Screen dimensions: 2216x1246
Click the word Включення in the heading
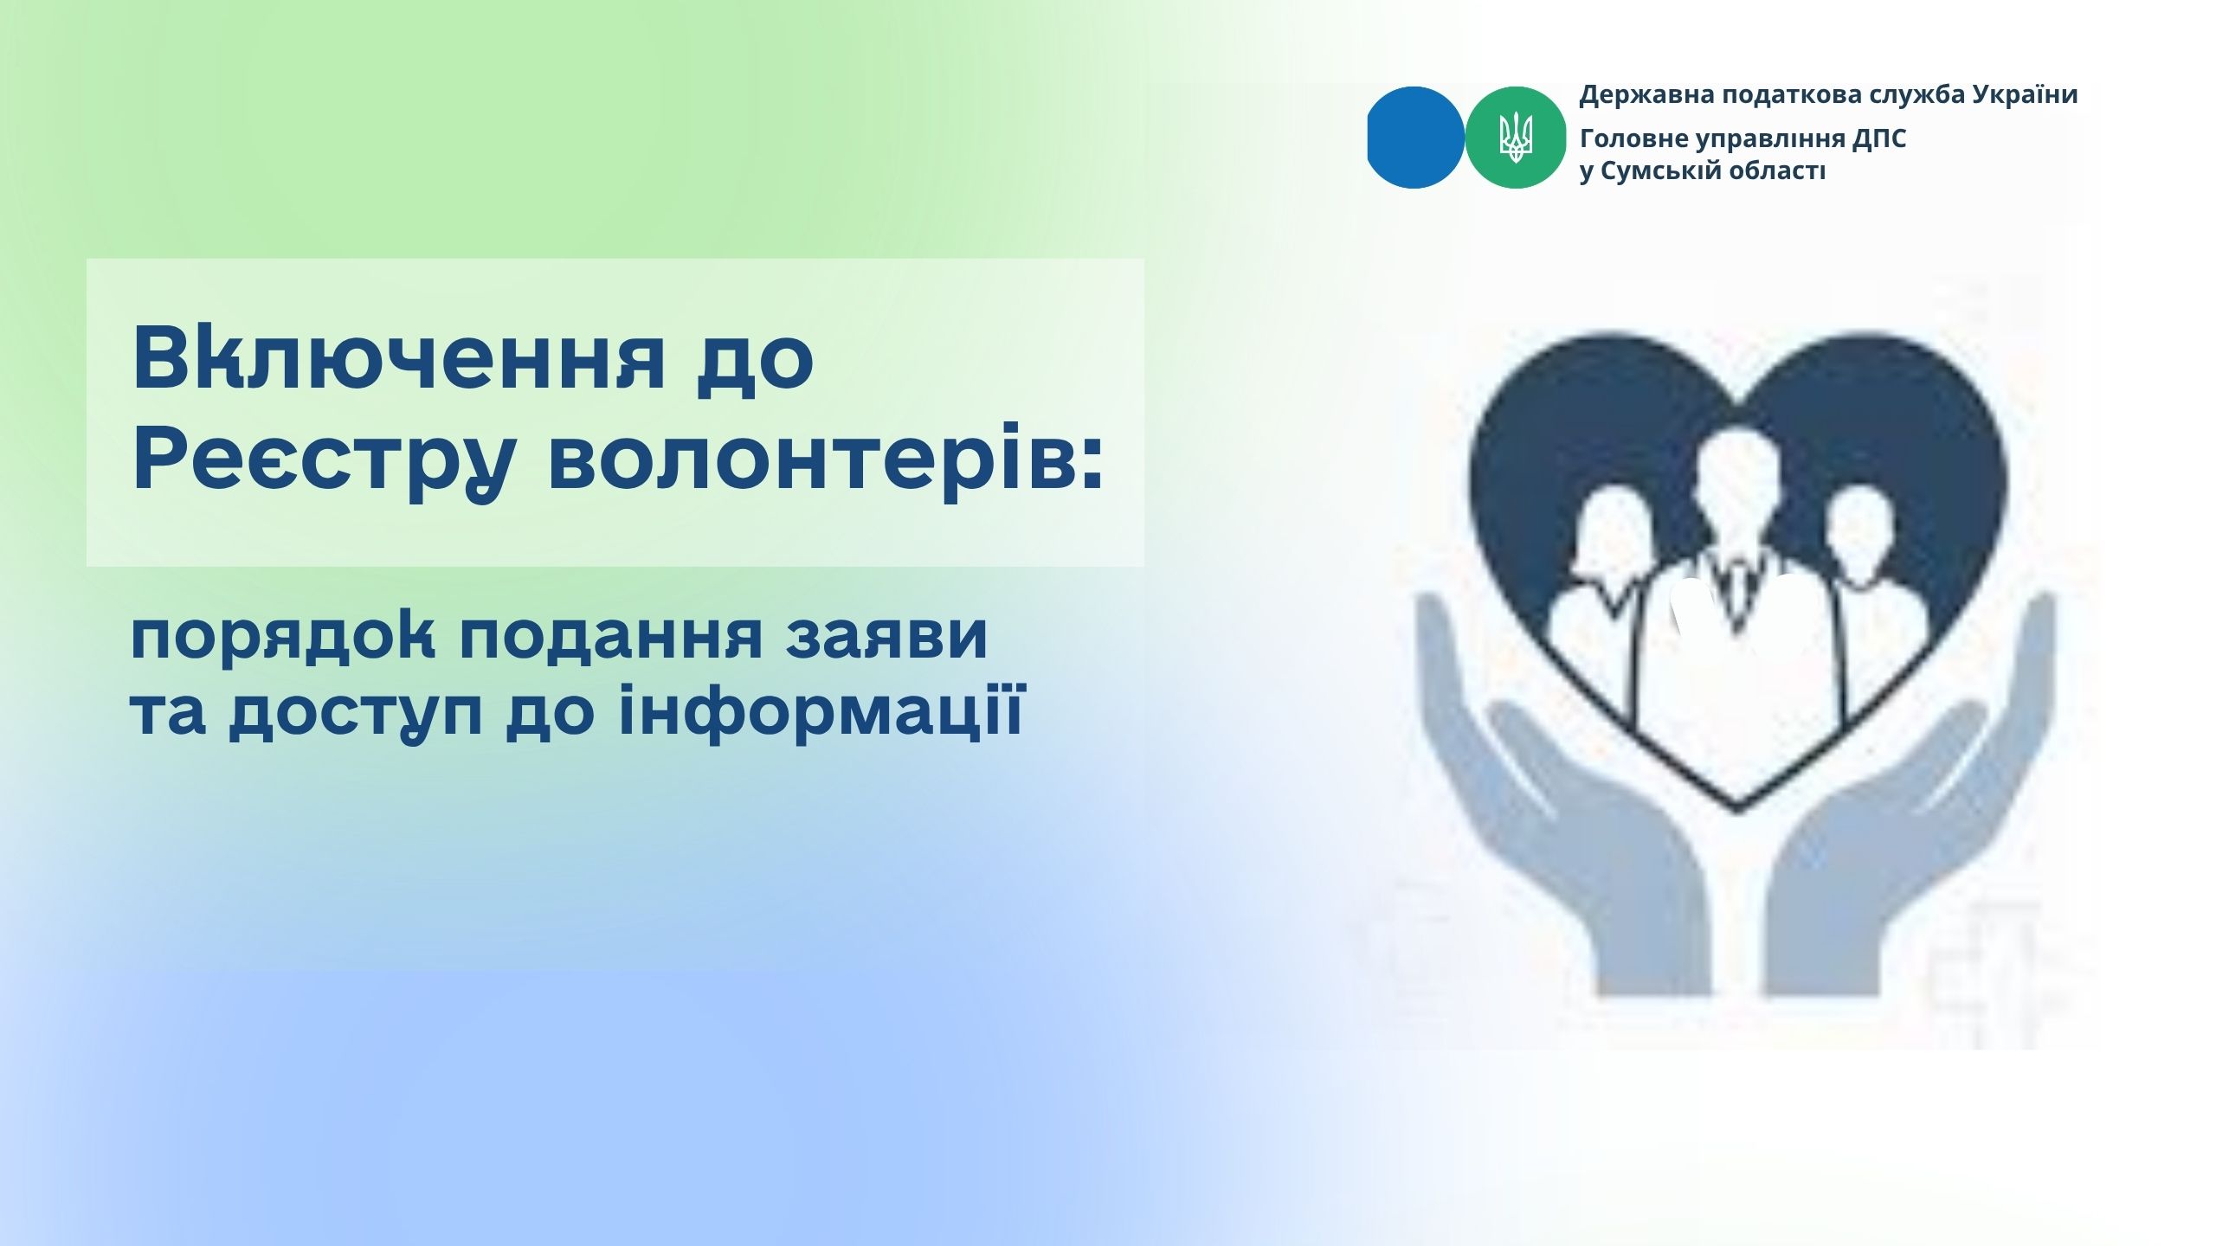pos(399,358)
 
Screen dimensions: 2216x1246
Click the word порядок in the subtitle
pos(282,637)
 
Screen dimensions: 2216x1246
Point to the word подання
pos(611,637)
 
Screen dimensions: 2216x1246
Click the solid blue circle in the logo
pos(1415,137)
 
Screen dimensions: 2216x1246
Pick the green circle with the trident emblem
pos(1515,138)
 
